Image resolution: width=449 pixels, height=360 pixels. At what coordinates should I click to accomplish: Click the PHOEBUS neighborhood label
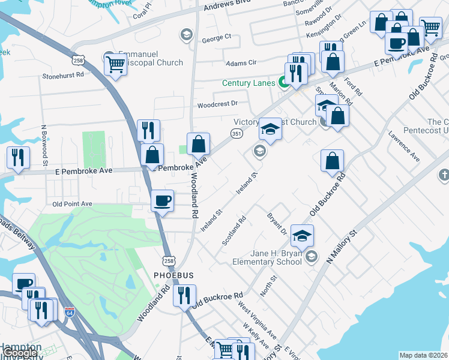173,275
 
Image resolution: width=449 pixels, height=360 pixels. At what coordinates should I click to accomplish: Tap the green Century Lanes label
248,83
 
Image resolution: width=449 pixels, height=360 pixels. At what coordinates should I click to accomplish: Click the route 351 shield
237,134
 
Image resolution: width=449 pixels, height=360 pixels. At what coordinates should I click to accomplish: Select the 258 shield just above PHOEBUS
168,259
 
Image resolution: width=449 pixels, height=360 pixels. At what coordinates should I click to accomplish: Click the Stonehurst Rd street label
62,76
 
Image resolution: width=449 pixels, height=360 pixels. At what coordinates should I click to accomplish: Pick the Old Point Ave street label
72,204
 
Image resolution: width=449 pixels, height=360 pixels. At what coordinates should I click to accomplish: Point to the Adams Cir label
241,62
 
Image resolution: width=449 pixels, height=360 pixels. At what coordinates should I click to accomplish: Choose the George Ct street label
216,38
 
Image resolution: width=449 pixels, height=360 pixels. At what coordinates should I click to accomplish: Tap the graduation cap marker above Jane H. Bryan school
302,235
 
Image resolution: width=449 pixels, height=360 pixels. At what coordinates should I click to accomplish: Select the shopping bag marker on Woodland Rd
198,144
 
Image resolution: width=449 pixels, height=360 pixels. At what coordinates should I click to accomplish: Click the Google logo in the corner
20,353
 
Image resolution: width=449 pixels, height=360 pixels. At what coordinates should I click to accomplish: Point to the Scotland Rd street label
234,230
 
